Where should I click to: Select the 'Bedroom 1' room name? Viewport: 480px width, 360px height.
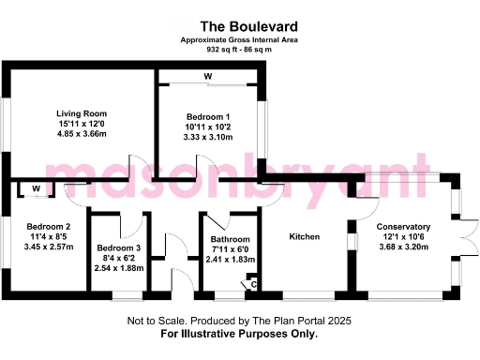(207, 115)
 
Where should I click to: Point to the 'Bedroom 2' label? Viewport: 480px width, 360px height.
(49, 227)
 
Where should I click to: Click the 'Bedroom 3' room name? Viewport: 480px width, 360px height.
(119, 248)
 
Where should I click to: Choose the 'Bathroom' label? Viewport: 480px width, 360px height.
(230, 240)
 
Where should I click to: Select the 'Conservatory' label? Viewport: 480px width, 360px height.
(403, 227)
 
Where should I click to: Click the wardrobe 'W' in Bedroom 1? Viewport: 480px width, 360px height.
(207, 76)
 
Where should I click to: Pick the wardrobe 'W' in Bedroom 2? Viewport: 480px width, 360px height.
(36, 189)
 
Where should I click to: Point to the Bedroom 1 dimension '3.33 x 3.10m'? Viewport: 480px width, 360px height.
(207, 137)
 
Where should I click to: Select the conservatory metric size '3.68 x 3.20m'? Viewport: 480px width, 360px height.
(403, 247)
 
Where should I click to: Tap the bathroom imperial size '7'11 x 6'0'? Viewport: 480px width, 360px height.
(230, 250)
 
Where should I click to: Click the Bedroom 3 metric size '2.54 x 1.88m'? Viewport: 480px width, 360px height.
(119, 268)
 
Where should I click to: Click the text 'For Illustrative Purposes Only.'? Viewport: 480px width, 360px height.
(239, 334)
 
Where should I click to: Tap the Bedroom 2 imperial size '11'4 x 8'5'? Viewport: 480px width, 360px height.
(49, 237)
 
